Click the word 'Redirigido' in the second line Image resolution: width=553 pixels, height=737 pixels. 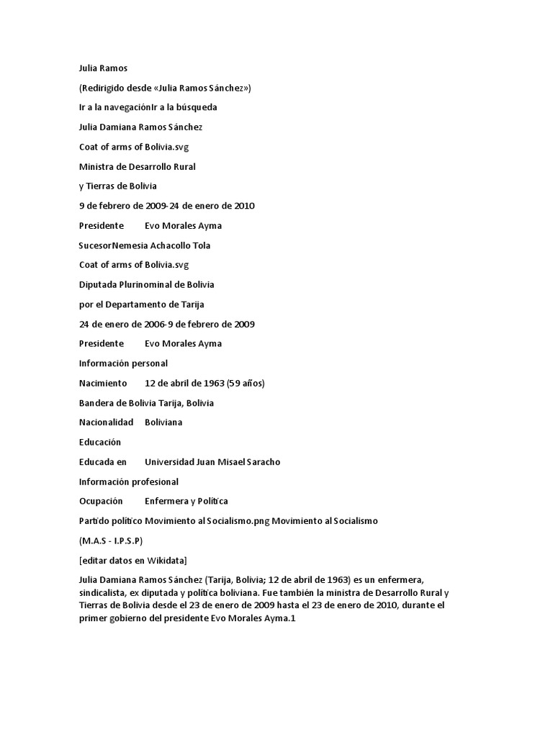point(106,88)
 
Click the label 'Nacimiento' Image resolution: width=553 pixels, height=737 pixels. point(102,383)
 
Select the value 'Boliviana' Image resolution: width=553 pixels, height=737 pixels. point(163,422)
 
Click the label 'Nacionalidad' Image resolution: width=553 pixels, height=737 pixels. point(106,422)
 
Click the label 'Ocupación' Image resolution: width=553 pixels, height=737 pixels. point(101,500)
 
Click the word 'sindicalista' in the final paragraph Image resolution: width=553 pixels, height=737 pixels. point(106,592)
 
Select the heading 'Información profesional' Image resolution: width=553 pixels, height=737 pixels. point(128,481)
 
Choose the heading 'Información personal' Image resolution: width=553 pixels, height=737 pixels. point(123,363)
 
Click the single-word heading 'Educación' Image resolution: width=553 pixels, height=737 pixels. point(100,441)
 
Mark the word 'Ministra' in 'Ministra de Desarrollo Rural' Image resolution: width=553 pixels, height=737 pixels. point(97,166)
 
